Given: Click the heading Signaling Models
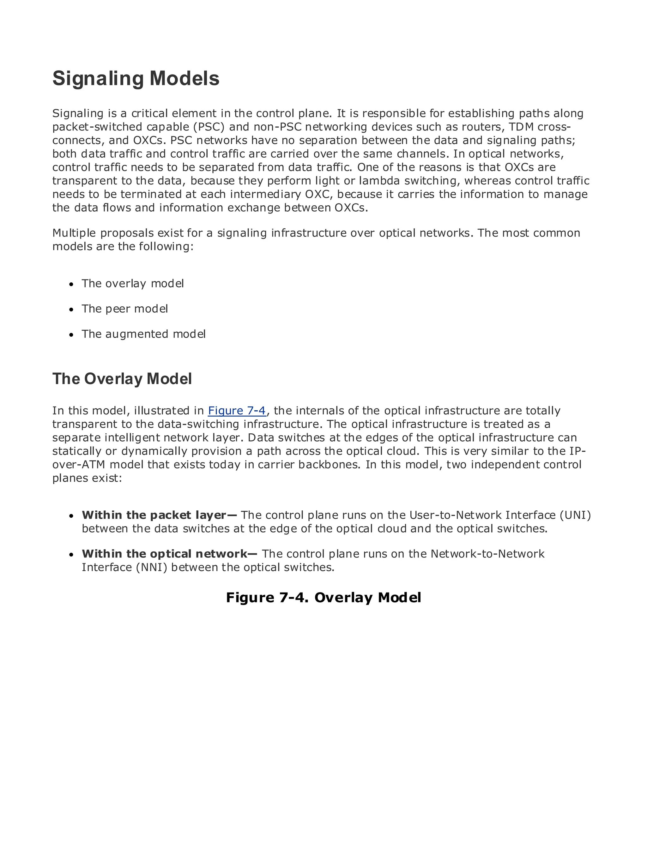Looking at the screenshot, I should pos(136,79).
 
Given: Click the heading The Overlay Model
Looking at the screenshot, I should pos(122,379).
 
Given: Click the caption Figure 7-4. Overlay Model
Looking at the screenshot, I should pos(323,598).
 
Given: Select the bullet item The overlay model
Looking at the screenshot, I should pos(132,283).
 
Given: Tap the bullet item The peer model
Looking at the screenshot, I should pos(124,309).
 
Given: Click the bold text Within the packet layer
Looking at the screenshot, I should pos(154,515).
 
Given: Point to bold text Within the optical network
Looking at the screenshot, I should pos(165,554).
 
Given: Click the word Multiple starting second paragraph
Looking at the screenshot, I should pos(74,233).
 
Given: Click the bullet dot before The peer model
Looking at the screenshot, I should pos(71,310).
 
